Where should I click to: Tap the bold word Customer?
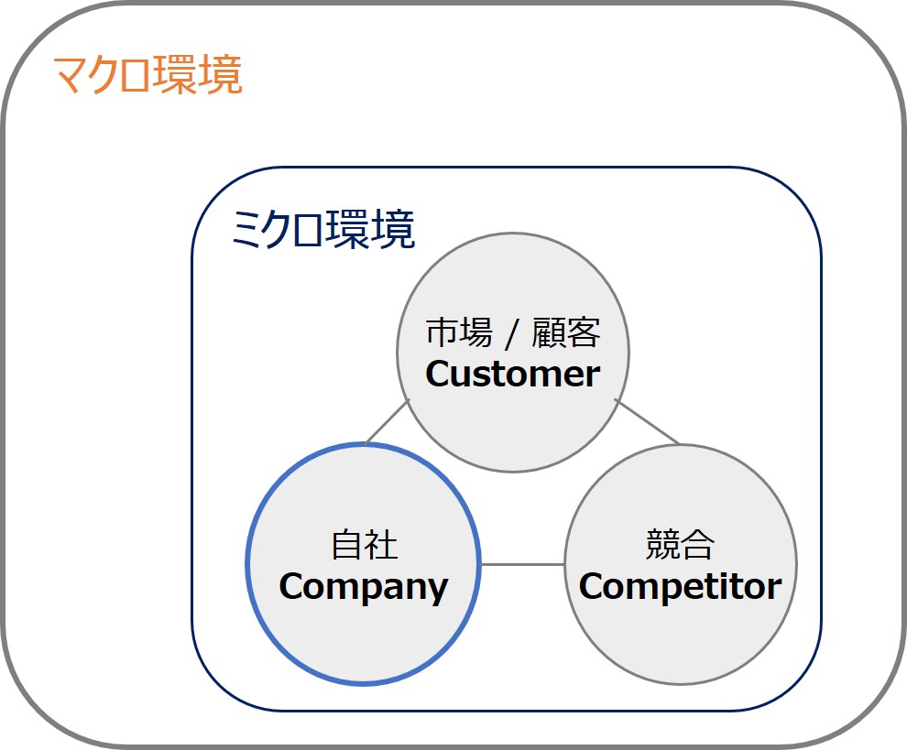(x=512, y=374)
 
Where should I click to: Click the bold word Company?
(x=363, y=587)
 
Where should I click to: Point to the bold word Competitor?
(x=680, y=587)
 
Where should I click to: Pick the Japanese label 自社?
(x=364, y=546)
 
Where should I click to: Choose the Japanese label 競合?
(x=680, y=546)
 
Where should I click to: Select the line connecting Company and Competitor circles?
(x=522, y=564)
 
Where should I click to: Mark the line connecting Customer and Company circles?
(x=387, y=422)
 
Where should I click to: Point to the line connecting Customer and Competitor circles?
(x=647, y=422)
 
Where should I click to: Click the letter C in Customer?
(x=438, y=374)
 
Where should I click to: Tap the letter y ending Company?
(x=438, y=590)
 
